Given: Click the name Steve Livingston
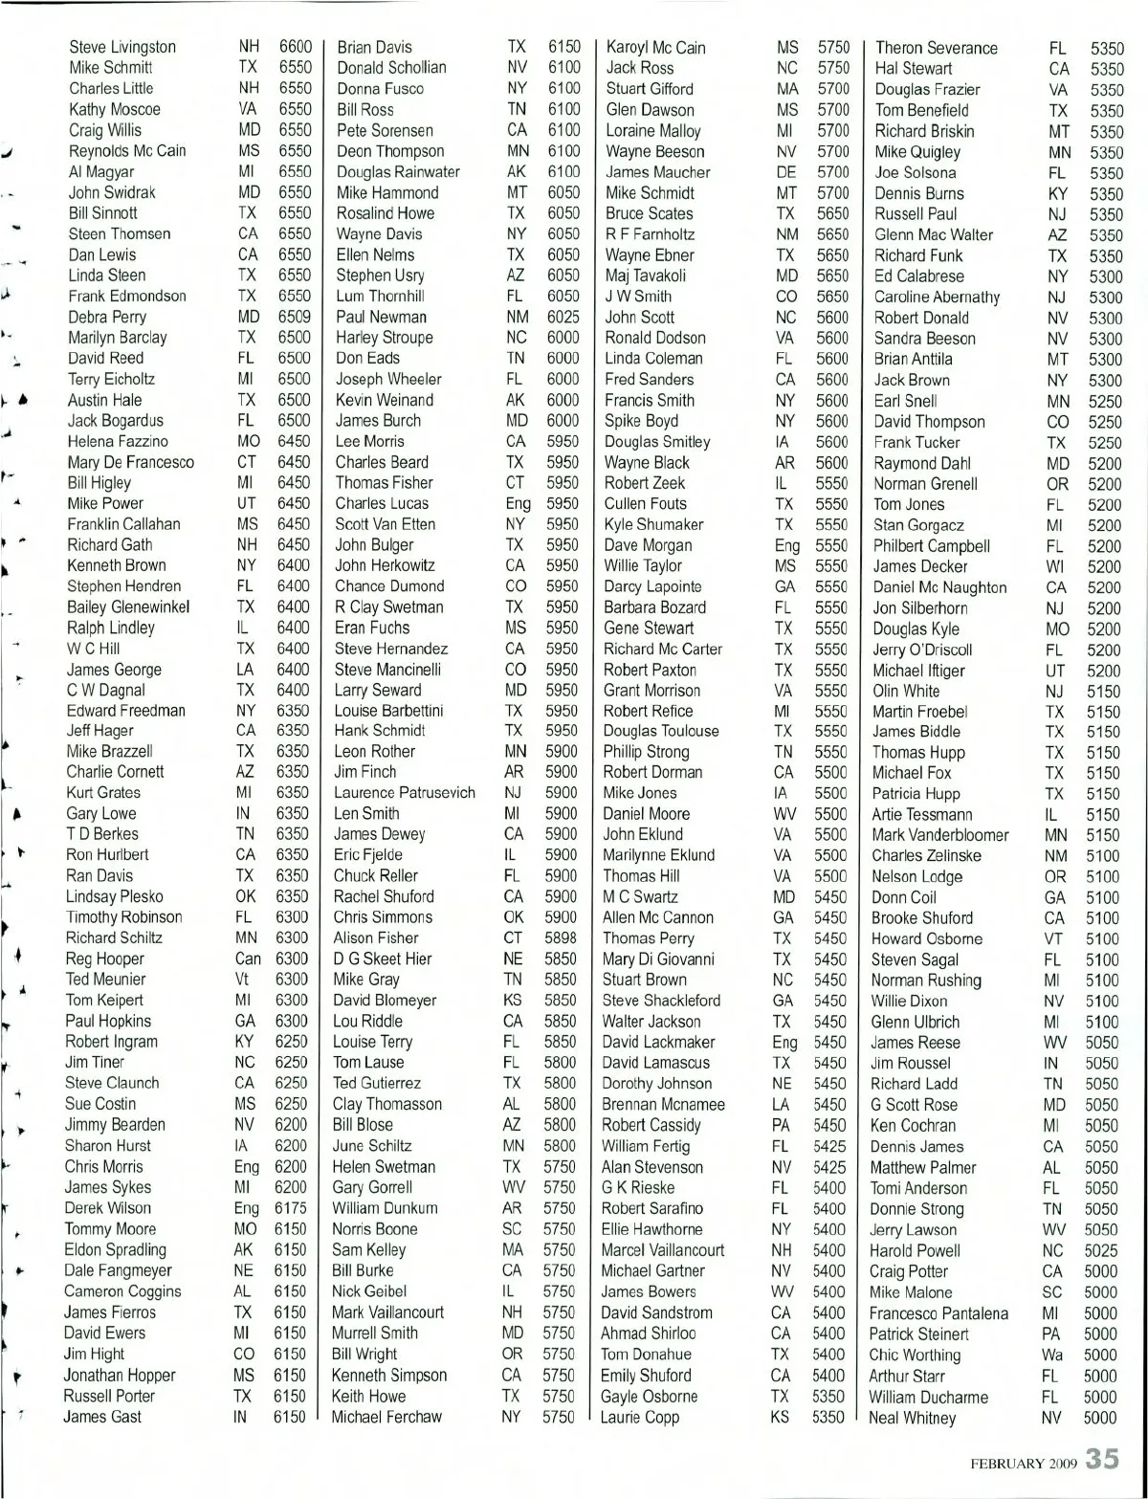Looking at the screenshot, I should (122, 47).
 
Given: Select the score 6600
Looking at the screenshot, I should (295, 47).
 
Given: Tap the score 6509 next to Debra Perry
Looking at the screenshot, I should (294, 317).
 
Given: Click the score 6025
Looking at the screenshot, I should (563, 317).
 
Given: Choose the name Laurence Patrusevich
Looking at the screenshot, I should (404, 793).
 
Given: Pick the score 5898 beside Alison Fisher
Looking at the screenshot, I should (561, 938).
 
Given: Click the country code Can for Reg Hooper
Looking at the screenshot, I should (247, 959).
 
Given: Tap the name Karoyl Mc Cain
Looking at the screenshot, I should (655, 48).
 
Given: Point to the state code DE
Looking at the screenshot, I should (785, 172).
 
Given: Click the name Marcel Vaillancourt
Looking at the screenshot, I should (662, 1250).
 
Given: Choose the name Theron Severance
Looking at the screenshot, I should (936, 48).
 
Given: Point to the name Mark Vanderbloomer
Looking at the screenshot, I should (939, 835).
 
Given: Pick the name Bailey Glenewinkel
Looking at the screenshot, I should (127, 607).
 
